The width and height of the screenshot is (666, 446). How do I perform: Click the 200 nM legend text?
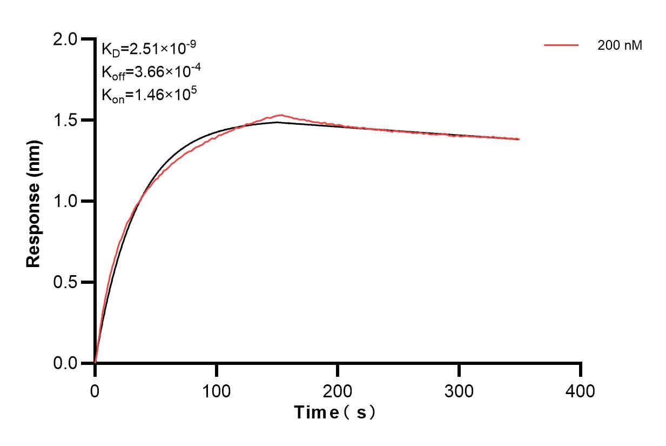(620, 46)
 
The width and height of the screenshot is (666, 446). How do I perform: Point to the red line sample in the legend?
(561, 46)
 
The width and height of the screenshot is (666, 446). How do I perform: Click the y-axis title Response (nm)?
(33, 202)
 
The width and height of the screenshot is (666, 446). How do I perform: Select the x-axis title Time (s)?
(334, 412)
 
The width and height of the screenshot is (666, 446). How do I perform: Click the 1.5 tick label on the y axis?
(66, 120)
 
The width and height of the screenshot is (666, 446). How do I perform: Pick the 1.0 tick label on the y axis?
(66, 201)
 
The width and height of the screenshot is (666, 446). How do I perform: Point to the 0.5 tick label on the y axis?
(66, 282)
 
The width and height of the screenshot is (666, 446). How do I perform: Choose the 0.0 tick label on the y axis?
(66, 363)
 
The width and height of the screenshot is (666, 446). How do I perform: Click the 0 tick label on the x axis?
(95, 390)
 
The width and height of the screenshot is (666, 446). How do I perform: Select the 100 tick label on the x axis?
(216, 390)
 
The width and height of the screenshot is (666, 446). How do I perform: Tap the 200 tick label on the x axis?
(338, 390)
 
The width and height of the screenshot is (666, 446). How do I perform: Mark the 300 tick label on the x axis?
(459, 390)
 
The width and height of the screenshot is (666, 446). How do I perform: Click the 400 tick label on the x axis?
(580, 390)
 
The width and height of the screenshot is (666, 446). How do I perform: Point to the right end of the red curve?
(519, 139)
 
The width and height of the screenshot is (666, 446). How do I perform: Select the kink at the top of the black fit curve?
(277, 122)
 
